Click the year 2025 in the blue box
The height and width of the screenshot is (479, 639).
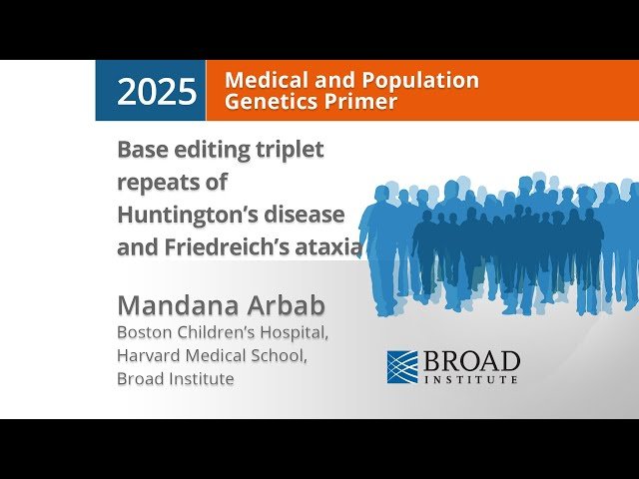(x=157, y=92)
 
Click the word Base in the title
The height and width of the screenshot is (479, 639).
(x=140, y=150)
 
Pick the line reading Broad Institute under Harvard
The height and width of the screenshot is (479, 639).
(x=176, y=379)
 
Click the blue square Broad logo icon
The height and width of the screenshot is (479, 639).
(x=402, y=366)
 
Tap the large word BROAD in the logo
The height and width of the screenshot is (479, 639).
(x=471, y=360)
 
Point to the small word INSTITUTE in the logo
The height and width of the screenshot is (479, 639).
(x=471, y=379)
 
